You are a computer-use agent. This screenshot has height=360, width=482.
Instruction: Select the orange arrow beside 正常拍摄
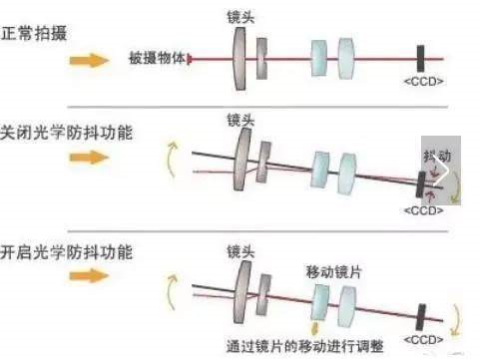coord(87,59)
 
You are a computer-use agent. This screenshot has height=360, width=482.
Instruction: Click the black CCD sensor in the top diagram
coord(423,58)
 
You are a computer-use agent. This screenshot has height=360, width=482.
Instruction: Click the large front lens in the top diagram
coord(239,58)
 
